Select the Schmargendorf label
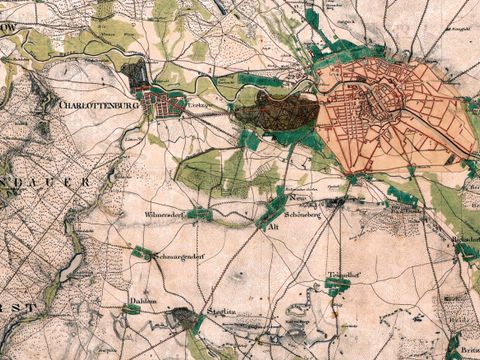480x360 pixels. pos(180,257)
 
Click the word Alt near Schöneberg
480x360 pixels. pos(273,228)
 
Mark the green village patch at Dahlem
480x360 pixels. pos(131,310)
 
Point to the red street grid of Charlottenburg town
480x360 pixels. pos(163,103)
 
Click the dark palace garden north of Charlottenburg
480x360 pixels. pos(134,75)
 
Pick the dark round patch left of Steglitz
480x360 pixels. pos(182,319)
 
